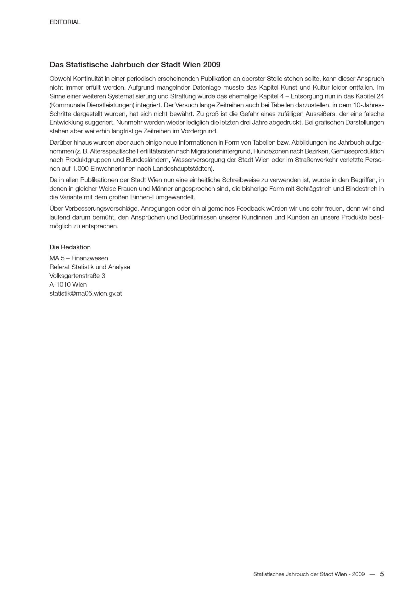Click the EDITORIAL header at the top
pyautogui.click(x=65, y=22)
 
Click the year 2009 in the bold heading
pyautogui.click(x=212, y=65)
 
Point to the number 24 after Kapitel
pyautogui.click(x=380, y=96)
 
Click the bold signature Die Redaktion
pyautogui.click(x=70, y=247)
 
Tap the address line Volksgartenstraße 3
pyautogui.click(x=77, y=276)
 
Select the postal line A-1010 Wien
pyautogui.click(x=68, y=285)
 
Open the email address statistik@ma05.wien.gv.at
pyautogui.click(x=86, y=293)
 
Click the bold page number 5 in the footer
pyautogui.click(x=382, y=574)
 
